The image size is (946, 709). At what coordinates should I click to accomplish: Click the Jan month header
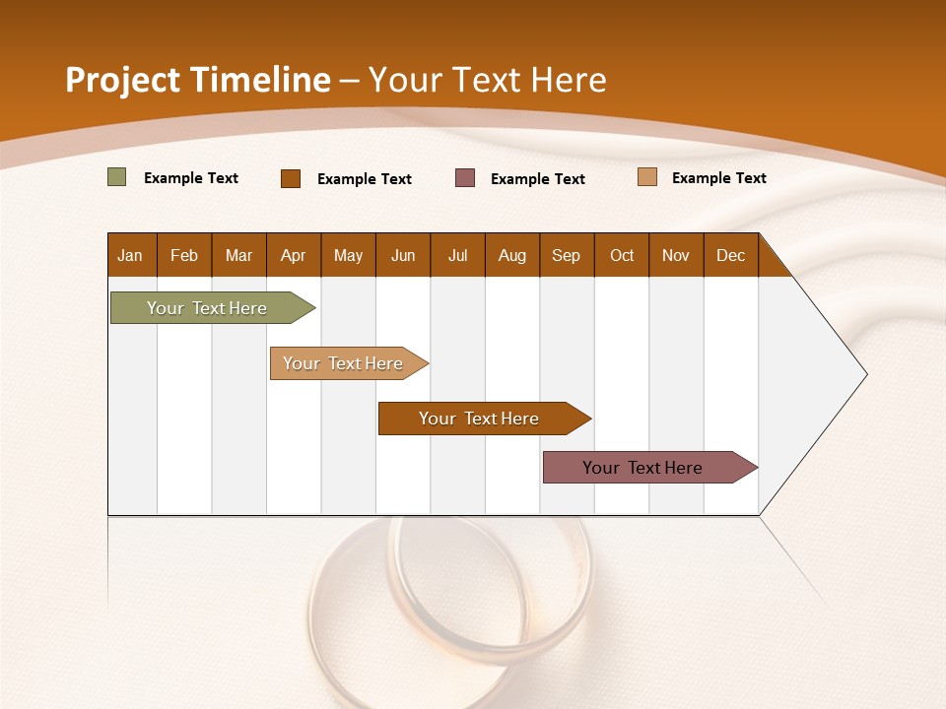(x=130, y=255)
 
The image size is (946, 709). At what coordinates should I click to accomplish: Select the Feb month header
(x=184, y=255)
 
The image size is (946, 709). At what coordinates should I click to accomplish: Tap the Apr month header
(x=293, y=255)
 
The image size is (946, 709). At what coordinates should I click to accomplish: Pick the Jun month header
(x=403, y=255)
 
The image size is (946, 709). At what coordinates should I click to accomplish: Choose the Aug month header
(x=511, y=255)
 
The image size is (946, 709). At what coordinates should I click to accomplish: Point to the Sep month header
(x=566, y=255)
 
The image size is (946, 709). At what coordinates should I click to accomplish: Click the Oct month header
(x=622, y=255)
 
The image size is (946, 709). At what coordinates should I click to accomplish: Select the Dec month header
(x=730, y=255)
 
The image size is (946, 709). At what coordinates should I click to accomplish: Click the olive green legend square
(x=117, y=177)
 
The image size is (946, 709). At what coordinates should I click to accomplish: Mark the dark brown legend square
(x=291, y=178)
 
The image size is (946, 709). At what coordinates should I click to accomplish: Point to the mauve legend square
(x=465, y=178)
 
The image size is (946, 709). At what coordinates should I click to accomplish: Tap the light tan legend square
(x=647, y=177)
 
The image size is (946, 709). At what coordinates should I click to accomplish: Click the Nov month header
(x=676, y=255)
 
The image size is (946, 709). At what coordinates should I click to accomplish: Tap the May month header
(x=348, y=255)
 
